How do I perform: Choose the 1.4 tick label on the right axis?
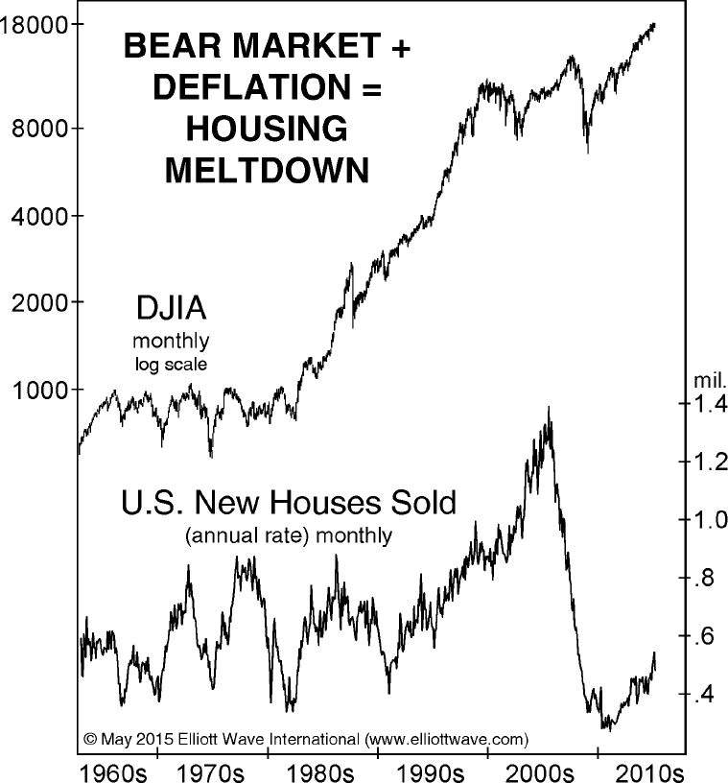708,404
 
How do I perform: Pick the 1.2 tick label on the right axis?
708,463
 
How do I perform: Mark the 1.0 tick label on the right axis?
708,521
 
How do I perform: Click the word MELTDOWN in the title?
267,170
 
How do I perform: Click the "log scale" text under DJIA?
171,364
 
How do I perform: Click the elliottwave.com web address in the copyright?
448,739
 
